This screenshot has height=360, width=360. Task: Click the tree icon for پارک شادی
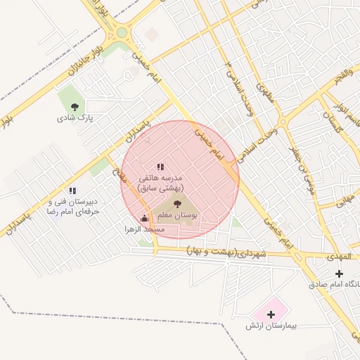click(x=75, y=108)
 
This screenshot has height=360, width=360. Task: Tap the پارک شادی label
click(x=75, y=119)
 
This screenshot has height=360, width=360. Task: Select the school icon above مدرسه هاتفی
click(x=160, y=167)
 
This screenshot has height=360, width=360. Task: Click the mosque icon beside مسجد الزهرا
click(x=145, y=218)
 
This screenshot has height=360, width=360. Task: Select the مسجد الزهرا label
click(x=143, y=229)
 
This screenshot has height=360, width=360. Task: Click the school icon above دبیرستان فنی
click(x=72, y=191)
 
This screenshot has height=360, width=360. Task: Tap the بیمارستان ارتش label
click(x=272, y=326)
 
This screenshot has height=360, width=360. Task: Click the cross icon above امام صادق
click(x=340, y=273)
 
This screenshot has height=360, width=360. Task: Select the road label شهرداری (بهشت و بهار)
click(x=227, y=252)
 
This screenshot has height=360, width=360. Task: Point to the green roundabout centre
click(x=122, y=32)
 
